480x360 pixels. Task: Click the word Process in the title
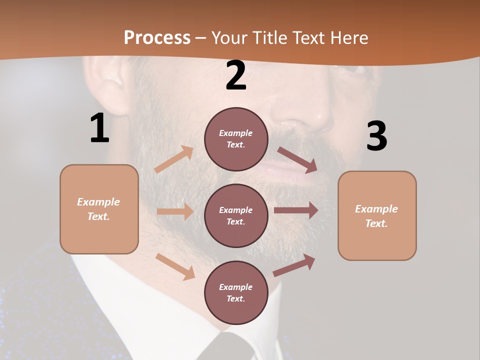(x=157, y=38)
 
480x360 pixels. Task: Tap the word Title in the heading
(x=269, y=38)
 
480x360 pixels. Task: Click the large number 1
(x=99, y=128)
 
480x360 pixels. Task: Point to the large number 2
(x=236, y=76)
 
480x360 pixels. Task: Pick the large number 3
(x=376, y=136)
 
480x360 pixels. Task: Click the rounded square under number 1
(x=99, y=209)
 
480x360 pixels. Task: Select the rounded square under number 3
(x=377, y=216)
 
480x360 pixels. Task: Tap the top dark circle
(x=236, y=139)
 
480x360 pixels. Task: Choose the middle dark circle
(x=236, y=215)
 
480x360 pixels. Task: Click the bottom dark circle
(x=236, y=292)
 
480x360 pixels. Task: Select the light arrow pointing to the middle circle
(x=175, y=211)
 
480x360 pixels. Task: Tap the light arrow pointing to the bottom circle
(x=175, y=266)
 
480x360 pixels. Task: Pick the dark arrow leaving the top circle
(x=297, y=159)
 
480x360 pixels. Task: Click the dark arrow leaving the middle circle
(x=295, y=210)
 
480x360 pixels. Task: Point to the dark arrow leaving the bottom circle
(x=294, y=265)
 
